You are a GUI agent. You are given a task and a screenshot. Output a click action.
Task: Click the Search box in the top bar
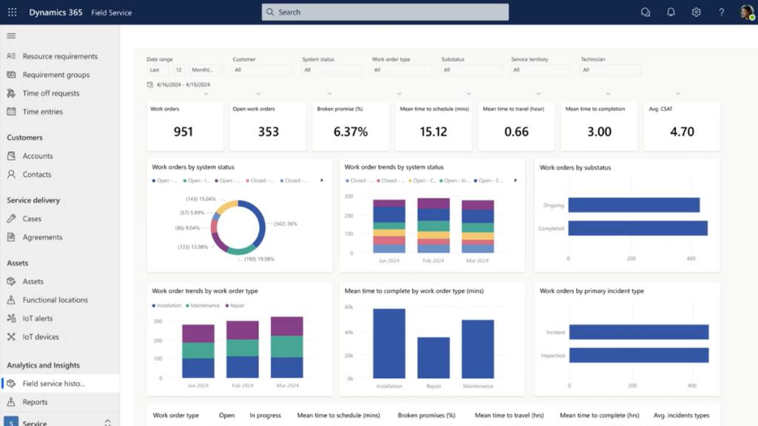(x=385, y=12)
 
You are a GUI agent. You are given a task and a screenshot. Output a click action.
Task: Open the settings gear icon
(x=696, y=12)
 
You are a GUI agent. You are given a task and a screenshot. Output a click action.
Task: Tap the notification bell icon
(x=671, y=12)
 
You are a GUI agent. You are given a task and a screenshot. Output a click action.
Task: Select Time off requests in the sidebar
(x=50, y=93)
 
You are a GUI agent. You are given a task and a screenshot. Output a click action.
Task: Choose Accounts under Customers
(x=37, y=156)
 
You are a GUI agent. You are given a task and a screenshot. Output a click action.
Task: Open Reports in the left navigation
(x=35, y=402)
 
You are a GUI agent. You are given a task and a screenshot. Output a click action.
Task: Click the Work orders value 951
(x=183, y=132)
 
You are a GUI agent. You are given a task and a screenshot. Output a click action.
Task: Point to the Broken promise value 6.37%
(x=350, y=132)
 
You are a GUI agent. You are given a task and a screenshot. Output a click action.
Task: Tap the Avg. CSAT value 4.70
(x=682, y=132)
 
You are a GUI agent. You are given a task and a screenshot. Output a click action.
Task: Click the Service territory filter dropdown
(x=540, y=70)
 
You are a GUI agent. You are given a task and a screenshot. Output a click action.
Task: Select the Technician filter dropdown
(x=610, y=70)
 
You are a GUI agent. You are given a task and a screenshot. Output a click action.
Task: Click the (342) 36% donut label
(x=285, y=223)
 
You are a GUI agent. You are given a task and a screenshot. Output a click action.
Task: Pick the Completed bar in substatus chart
(x=637, y=229)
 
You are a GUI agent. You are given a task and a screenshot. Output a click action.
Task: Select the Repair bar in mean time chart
(x=433, y=357)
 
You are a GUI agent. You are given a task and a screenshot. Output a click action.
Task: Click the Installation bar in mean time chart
(x=389, y=343)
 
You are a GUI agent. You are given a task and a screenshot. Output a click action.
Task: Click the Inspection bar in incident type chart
(x=638, y=356)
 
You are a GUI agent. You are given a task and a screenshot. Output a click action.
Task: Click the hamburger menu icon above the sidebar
(x=11, y=35)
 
